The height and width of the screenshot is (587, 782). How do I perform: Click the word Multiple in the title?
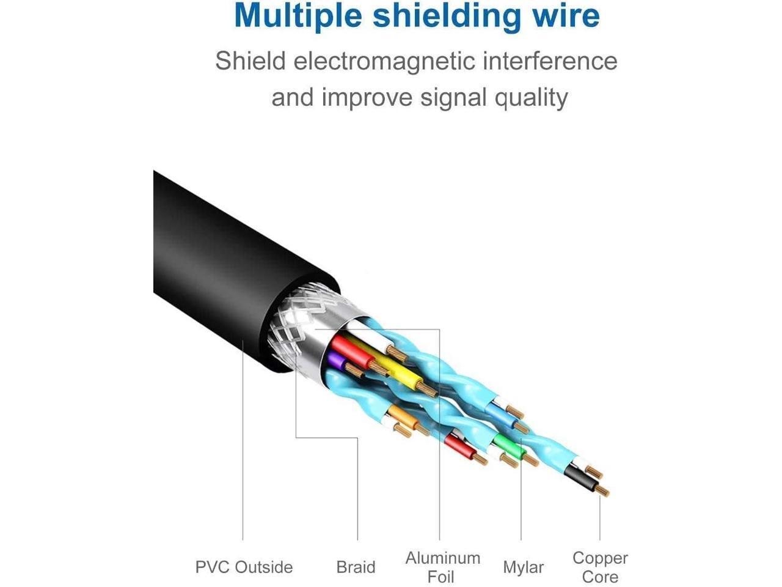tap(298, 17)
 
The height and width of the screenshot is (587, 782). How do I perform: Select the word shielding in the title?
tap(447, 17)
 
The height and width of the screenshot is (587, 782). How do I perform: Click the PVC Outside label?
tap(244, 567)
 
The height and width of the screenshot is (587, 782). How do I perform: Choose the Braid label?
tap(356, 567)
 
